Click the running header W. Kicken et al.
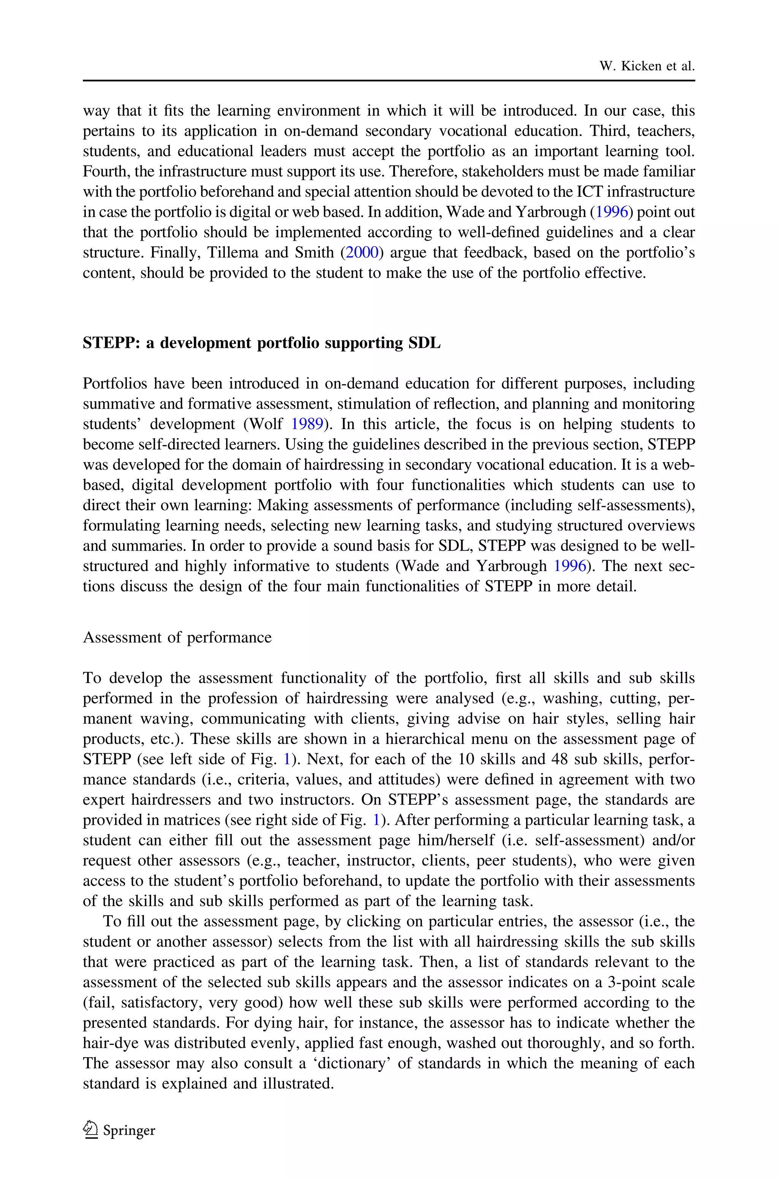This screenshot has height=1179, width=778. tap(647, 66)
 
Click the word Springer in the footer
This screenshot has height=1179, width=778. tap(129, 1130)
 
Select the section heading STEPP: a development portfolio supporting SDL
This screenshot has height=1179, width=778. tap(261, 343)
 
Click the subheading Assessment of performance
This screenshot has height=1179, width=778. tap(177, 637)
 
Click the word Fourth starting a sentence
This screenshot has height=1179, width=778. tap(105, 172)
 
